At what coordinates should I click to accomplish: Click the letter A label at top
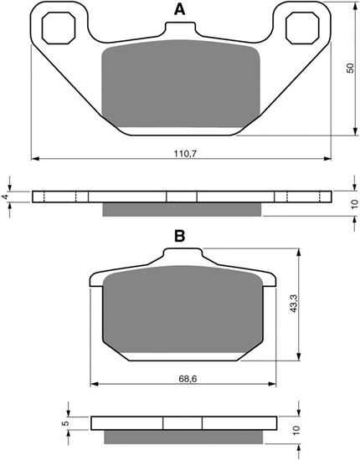[178, 10]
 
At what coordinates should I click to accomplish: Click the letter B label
[178, 237]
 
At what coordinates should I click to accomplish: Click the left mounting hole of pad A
[57, 28]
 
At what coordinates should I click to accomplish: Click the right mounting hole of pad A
[301, 28]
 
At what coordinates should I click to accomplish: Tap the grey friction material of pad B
[180, 314]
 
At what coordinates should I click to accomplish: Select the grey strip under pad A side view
[181, 209]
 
